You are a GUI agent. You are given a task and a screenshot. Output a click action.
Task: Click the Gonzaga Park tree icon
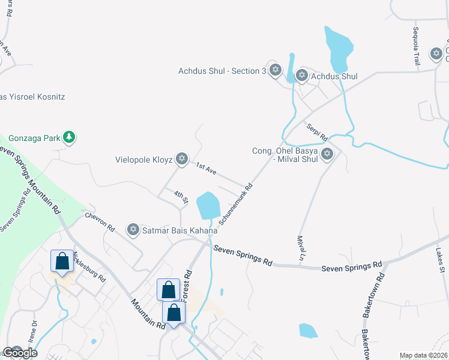70,138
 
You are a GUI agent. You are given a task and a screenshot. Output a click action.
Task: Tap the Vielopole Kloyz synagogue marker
182,160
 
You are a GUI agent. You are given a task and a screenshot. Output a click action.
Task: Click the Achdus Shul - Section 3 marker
276,71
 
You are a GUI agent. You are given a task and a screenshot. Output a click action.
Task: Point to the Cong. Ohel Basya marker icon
327,154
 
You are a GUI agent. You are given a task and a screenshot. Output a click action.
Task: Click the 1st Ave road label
206,170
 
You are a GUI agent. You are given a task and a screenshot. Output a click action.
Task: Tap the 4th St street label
181,196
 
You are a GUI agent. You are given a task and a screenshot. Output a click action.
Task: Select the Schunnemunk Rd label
237,204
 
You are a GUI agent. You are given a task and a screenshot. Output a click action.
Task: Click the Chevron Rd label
100,221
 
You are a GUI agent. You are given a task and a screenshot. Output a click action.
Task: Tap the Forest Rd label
187,281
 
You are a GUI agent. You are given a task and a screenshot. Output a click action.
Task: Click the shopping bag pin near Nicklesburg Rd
62,262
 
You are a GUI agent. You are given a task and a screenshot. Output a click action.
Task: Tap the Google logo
19,352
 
